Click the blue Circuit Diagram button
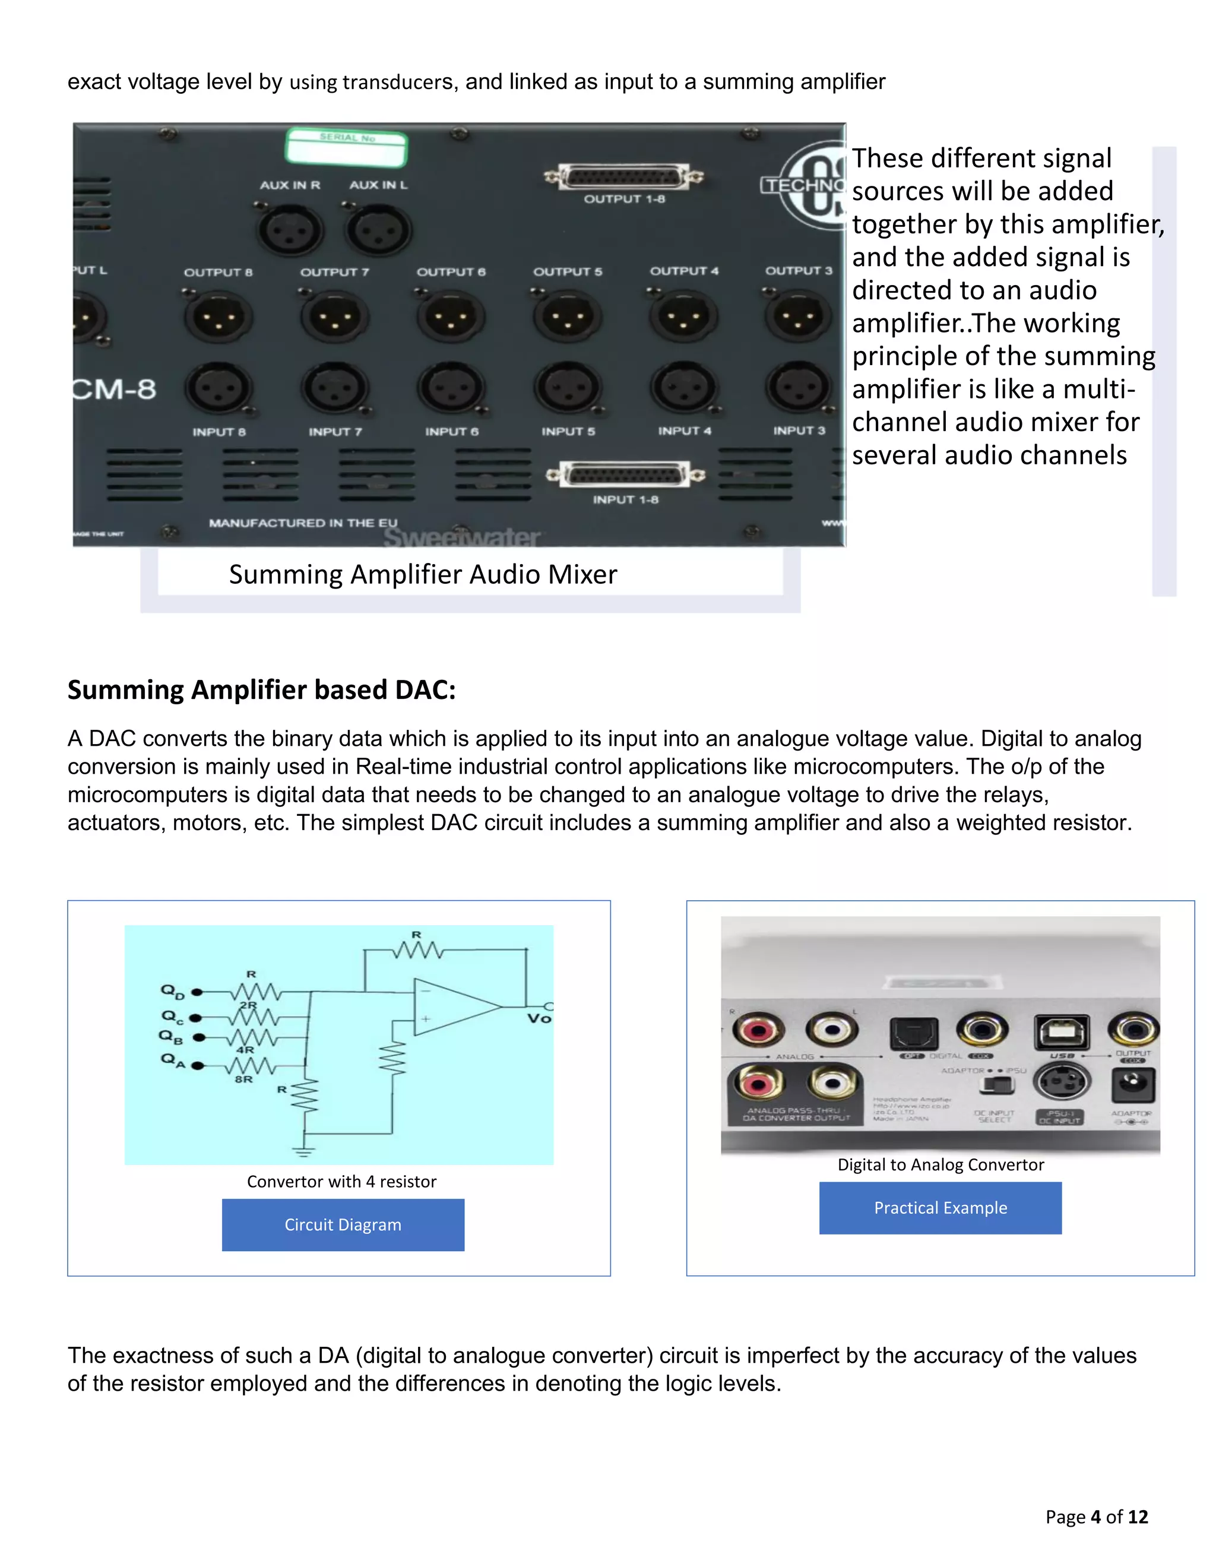tap(343, 1224)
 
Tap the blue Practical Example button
tap(940, 1207)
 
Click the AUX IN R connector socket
tap(290, 229)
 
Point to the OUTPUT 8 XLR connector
tap(218, 317)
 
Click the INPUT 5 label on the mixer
tap(568, 431)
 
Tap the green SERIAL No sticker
tap(347, 146)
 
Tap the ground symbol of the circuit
tap(304, 1150)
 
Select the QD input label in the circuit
tap(172, 991)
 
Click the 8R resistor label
tap(243, 1079)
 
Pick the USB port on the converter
tap(1061, 1031)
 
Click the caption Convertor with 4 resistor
tap(341, 1181)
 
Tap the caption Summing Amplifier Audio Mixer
tap(423, 574)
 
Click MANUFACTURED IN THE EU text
tap(303, 523)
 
